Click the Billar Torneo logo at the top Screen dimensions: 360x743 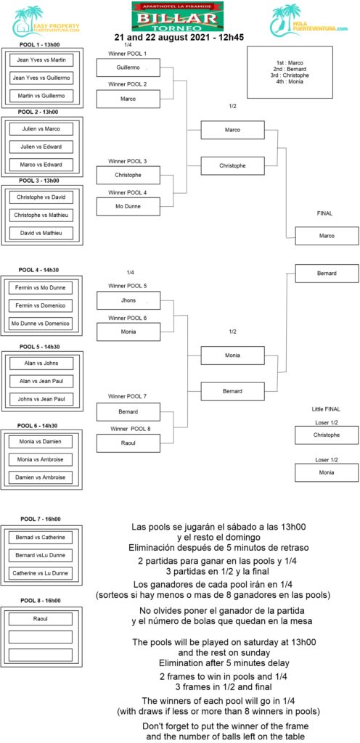tap(177, 16)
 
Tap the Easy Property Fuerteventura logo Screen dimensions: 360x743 tap(46, 22)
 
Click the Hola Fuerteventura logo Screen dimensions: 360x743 tap(309, 20)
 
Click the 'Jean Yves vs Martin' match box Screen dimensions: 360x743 tap(41, 60)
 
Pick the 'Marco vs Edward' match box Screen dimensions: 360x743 tap(41, 165)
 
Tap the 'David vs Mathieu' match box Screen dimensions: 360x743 tap(41, 233)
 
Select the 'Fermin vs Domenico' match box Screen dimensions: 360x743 tap(41, 305)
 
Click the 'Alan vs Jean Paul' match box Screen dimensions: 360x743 tap(41, 381)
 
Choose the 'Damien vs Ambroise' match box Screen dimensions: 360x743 tap(41, 477)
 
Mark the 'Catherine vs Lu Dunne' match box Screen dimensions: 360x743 tap(41, 573)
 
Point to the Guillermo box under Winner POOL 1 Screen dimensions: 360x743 tap(128, 67)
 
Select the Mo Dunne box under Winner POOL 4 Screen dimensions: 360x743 tap(128, 207)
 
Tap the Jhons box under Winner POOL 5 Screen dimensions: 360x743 tap(128, 301)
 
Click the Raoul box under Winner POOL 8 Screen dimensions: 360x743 tap(128, 443)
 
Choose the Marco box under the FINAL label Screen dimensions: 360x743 tap(327, 236)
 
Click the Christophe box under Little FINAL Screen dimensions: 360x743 tap(327, 435)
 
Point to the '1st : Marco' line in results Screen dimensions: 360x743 tap(290, 62)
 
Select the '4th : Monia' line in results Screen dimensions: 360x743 tap(290, 81)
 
